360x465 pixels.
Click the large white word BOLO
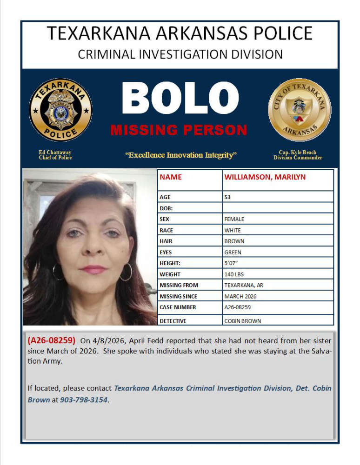click(x=180, y=100)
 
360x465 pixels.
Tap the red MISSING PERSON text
click(x=179, y=130)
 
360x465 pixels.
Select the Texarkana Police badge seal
click(x=60, y=110)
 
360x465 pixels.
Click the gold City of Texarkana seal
click(x=300, y=110)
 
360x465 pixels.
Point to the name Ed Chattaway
click(x=55, y=153)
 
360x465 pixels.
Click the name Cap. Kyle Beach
click(x=298, y=153)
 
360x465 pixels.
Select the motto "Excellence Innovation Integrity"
click(x=181, y=155)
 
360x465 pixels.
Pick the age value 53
click(x=228, y=197)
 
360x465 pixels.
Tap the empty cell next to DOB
click(x=278, y=208)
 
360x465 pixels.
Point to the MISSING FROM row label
click(x=179, y=286)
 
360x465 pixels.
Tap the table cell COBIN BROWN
click(x=242, y=321)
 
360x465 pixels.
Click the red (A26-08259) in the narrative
click(x=51, y=340)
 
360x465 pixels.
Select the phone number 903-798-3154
click(x=84, y=399)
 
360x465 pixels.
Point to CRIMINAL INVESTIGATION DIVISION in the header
click(x=180, y=54)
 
